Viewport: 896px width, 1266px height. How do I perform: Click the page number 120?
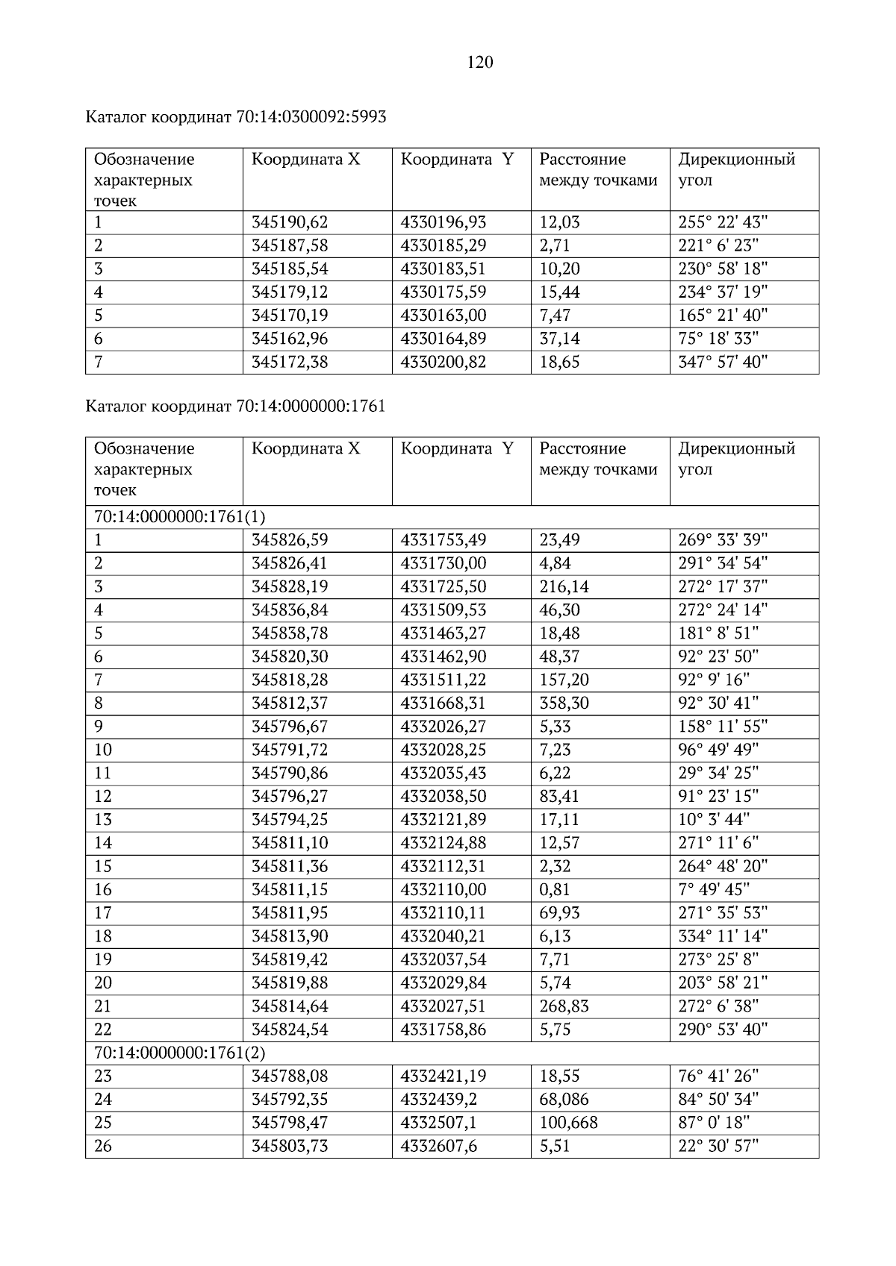pyautogui.click(x=480, y=63)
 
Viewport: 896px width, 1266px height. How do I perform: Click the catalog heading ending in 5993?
pyautogui.click(x=236, y=117)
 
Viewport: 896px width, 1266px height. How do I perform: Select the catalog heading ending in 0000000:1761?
pyautogui.click(x=236, y=407)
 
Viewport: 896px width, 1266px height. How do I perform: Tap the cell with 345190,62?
pyautogui.click(x=290, y=222)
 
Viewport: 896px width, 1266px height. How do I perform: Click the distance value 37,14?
pyautogui.click(x=559, y=339)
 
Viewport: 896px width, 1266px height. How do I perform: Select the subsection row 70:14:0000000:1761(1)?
pyautogui.click(x=180, y=516)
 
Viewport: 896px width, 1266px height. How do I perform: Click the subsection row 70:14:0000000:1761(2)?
pyautogui.click(x=180, y=1053)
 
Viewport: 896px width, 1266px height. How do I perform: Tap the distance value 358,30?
pyautogui.click(x=564, y=703)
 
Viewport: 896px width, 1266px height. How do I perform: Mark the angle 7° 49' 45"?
pyautogui.click(x=714, y=889)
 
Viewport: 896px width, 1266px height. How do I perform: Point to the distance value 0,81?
pyautogui.click(x=555, y=889)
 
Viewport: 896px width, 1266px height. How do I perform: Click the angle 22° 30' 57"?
pyautogui.click(x=718, y=1146)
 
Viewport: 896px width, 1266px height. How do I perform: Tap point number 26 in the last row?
pyautogui.click(x=103, y=1146)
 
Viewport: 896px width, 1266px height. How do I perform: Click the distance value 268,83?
pyautogui.click(x=564, y=1006)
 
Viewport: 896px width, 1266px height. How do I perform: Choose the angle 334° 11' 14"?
pyautogui.click(x=723, y=936)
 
